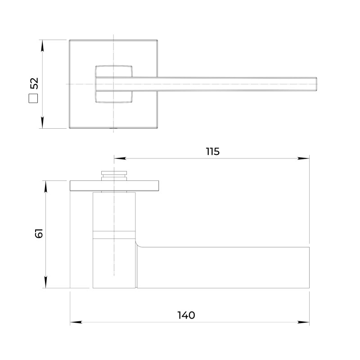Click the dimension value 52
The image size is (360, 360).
[34, 83]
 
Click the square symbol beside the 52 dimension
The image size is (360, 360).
[33, 99]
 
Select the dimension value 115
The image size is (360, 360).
[212, 152]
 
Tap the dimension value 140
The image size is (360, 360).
[186, 315]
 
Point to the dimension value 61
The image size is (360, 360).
[39, 233]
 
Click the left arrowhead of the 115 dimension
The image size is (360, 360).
[120, 158]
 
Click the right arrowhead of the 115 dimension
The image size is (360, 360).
[303, 158]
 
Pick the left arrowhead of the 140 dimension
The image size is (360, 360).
[76, 322]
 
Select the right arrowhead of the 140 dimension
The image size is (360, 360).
[303, 322]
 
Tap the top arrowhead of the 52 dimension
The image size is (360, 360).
[42, 46]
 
